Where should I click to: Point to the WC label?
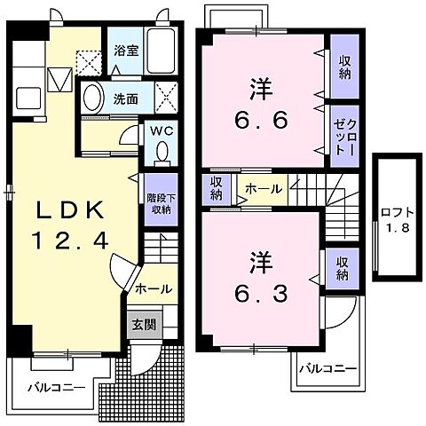pyautogui.click(x=161, y=130)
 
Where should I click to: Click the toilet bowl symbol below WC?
pyautogui.click(x=161, y=154)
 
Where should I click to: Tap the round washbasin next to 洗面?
pyautogui.click(x=91, y=99)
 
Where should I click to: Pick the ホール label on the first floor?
pyautogui.click(x=153, y=289)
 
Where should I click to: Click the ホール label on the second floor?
pyautogui.click(x=264, y=188)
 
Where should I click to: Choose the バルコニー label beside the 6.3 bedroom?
pyautogui.click(x=327, y=368)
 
